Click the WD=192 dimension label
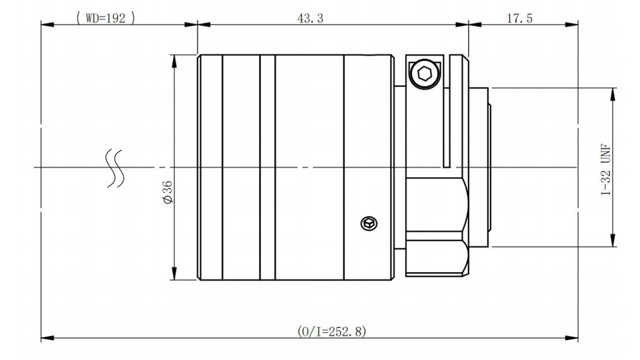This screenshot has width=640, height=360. point(106,18)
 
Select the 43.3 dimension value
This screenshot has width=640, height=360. point(311,18)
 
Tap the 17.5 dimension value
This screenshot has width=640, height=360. point(520,18)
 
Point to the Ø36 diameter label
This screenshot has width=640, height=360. point(168,192)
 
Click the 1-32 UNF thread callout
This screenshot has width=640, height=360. point(606,169)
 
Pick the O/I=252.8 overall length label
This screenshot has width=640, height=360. point(332,332)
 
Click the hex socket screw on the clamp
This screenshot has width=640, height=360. point(425,74)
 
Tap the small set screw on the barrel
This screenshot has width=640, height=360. point(369,223)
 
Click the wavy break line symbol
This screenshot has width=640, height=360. point(115,168)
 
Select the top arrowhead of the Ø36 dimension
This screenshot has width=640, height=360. point(174,61)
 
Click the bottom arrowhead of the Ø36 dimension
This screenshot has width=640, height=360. point(174,273)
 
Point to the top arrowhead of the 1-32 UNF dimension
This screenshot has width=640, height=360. point(613,95)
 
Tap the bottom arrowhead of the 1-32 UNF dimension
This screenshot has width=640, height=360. point(613,240)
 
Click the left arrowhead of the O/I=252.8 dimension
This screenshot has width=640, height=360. point(47,338)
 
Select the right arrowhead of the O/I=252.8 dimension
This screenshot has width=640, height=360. point(572,338)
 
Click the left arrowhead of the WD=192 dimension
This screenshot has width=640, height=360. point(47,25)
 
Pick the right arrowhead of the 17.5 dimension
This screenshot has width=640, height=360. point(572,25)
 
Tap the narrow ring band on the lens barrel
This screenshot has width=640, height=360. point(267,168)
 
